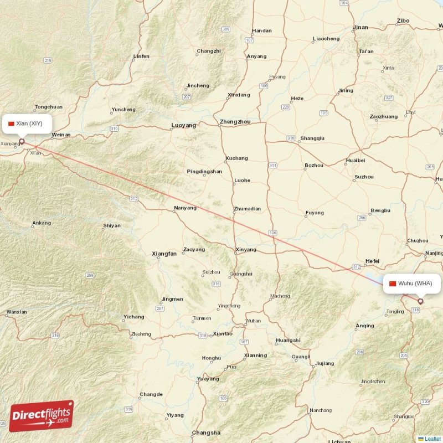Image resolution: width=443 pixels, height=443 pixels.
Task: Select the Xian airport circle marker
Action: tap(22, 141)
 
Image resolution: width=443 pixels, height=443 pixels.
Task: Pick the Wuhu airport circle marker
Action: tap(420, 301)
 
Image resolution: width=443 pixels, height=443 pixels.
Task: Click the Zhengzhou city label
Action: tap(235, 122)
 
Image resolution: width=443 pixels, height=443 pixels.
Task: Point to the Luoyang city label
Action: tap(184, 126)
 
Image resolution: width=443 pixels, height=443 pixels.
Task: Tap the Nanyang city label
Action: tap(185, 208)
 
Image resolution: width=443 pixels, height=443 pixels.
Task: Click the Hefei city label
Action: tap(372, 260)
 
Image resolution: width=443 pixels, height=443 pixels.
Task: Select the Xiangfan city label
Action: tap(164, 254)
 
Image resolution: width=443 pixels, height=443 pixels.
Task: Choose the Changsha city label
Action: tap(206, 432)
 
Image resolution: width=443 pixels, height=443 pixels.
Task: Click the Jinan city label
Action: tap(360, 27)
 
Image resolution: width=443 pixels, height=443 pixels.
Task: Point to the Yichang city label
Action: tap(133, 317)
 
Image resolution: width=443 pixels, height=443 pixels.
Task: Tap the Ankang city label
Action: tap(42, 224)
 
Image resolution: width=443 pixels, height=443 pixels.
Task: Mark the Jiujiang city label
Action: tap(324, 364)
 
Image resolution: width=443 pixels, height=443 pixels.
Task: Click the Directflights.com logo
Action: tap(42, 416)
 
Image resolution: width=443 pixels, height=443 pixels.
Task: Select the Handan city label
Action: tap(261, 31)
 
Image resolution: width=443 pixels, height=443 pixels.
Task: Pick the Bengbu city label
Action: tap(380, 210)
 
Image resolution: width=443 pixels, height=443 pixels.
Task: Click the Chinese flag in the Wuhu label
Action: tap(393, 284)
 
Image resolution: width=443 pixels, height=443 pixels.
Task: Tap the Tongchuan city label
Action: tap(49, 107)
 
